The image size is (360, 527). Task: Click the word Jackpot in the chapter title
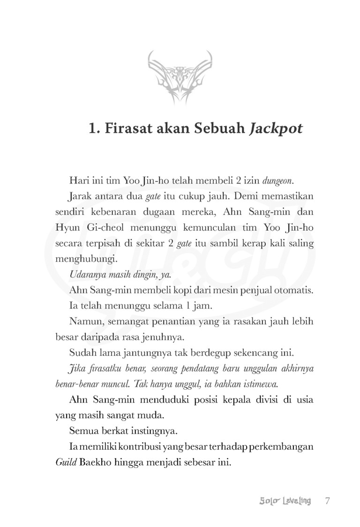coord(276,128)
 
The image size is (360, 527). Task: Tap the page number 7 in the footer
coord(328,501)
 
